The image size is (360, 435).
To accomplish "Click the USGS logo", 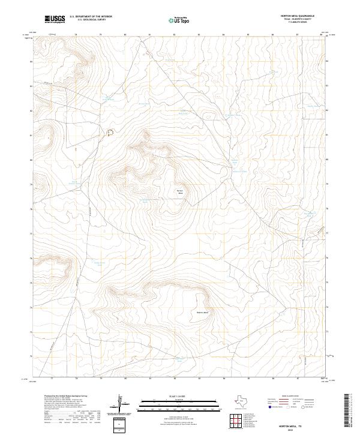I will pos(55,19).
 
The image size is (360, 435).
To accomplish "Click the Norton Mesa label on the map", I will pos(179,192).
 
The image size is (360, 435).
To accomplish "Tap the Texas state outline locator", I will pos(244,401).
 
